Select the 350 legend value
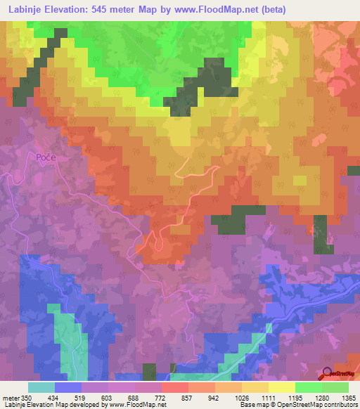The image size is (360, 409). [x=25, y=397]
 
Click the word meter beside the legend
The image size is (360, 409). [x=10, y=397]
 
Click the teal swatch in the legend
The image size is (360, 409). [x=41, y=387]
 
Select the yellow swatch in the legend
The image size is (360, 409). [x=282, y=387]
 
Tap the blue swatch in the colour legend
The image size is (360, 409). [x=68, y=387]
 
